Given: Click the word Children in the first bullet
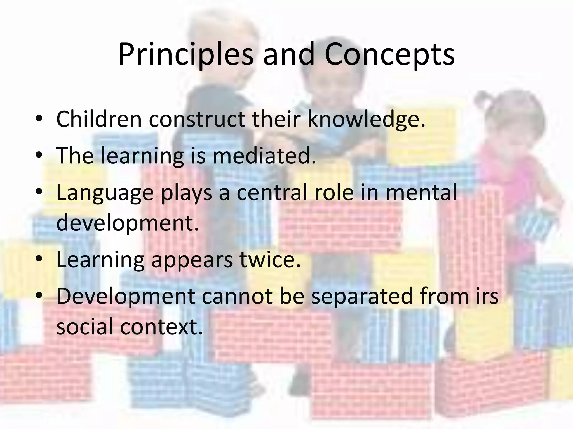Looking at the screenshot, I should click(99, 119).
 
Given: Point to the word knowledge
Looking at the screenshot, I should click(366, 119).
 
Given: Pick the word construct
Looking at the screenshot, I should click(197, 119).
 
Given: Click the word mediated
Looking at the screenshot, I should click(264, 156).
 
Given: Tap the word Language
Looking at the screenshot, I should click(105, 193).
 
